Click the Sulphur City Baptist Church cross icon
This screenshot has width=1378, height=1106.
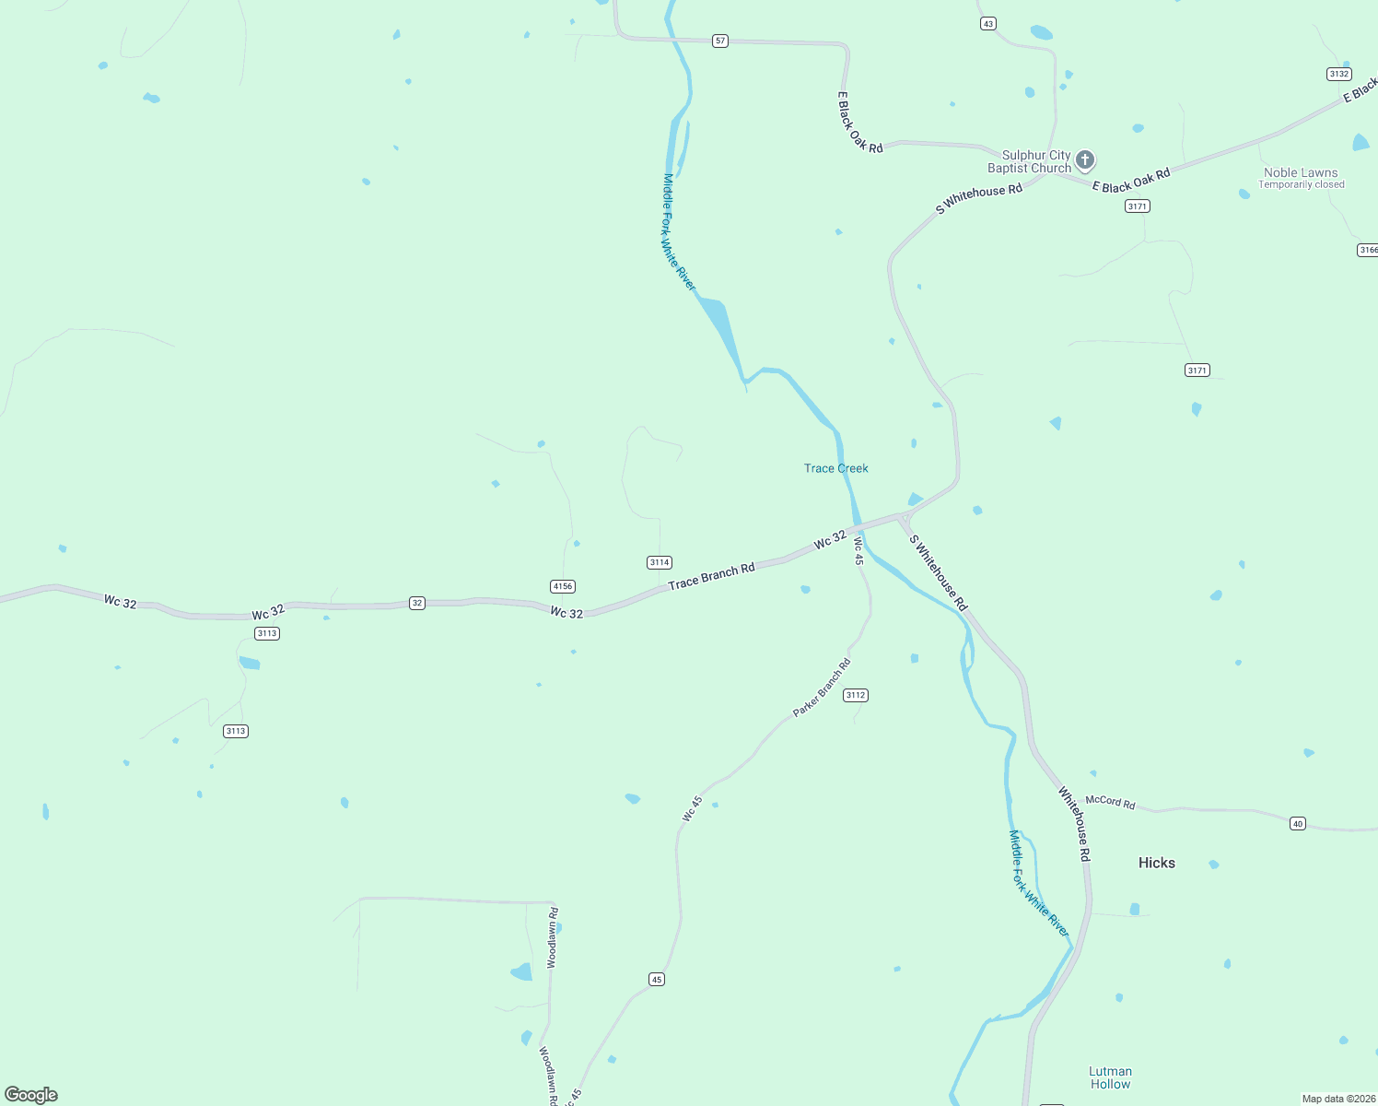click(1085, 159)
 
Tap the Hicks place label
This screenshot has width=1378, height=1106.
click(1156, 863)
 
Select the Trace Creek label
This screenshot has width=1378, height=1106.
click(835, 468)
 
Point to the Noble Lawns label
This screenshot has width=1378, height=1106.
click(1301, 172)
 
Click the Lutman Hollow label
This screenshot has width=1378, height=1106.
click(1110, 1077)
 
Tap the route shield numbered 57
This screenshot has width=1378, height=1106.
click(720, 41)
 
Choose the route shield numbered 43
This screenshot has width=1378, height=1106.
click(988, 24)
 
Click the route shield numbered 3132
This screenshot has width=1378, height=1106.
click(1338, 74)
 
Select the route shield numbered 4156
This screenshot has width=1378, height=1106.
click(562, 586)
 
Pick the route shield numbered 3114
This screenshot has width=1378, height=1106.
click(660, 562)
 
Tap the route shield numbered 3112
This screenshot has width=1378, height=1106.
click(855, 695)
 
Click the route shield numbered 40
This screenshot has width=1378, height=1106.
click(1298, 823)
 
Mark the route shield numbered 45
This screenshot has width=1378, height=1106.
click(657, 979)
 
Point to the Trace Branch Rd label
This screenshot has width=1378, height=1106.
click(711, 576)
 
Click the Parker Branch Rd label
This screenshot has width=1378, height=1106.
click(822, 688)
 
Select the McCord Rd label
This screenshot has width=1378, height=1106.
click(1110, 802)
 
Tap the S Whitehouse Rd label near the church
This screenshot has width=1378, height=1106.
click(978, 197)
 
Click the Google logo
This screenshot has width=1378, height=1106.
click(31, 1094)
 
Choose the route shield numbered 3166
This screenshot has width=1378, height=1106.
click(1368, 250)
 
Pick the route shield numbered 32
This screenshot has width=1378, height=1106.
click(417, 603)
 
